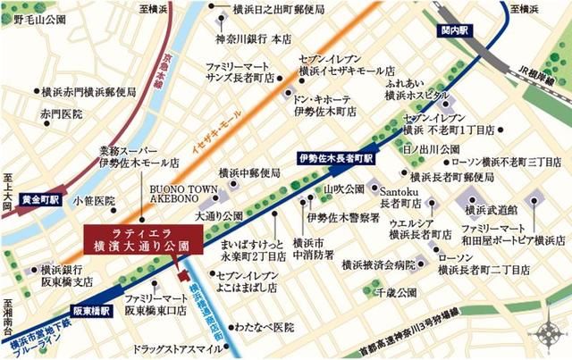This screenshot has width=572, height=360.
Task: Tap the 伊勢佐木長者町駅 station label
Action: click(x=334, y=158)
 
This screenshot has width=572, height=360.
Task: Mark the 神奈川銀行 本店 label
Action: click(x=254, y=38)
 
